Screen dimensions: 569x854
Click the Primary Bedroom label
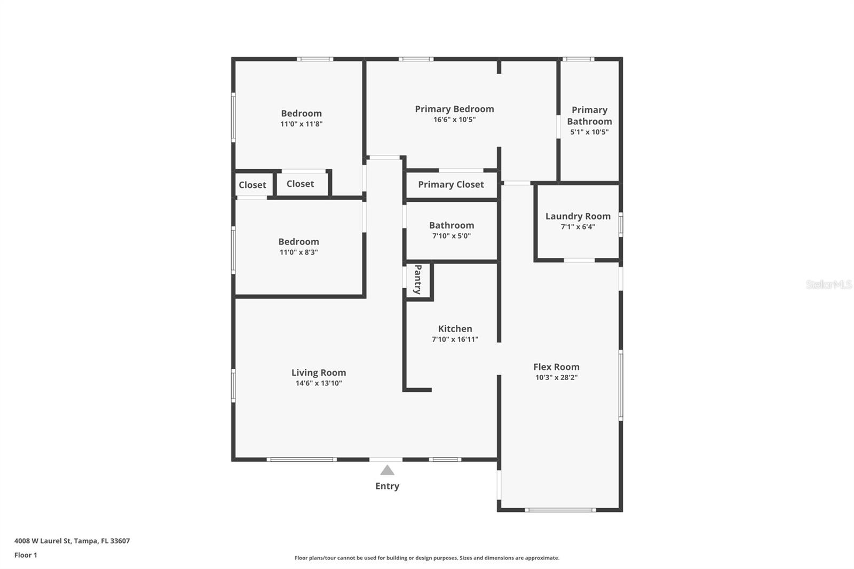454,109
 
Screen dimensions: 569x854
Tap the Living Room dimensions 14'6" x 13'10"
319,383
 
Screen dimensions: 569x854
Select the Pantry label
418,279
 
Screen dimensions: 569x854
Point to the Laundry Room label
578,216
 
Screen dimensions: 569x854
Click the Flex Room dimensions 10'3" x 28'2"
556,377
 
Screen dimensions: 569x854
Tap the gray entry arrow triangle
387,470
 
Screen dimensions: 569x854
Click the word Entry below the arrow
387,486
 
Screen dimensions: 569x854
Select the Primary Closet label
450,185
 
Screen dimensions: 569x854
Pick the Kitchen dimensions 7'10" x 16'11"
455,339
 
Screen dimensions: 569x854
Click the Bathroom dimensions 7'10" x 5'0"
452,236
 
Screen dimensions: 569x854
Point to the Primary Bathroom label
589,115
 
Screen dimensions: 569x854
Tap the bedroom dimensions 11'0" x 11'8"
302,124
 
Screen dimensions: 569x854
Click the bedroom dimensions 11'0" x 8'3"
298,252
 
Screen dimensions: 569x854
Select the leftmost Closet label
252,185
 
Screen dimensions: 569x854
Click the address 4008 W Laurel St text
72,541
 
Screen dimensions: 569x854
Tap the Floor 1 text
26,555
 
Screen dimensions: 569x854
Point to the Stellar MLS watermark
828,284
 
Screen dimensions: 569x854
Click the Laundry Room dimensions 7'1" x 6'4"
578,227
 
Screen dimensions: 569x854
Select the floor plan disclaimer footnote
427,558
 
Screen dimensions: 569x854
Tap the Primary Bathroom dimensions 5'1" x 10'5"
589,132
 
